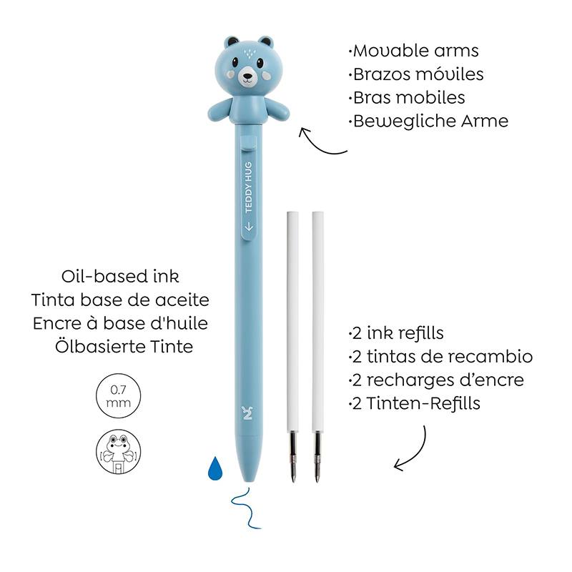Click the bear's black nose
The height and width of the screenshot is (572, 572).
(x=247, y=77)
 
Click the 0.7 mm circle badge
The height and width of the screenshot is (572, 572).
(x=118, y=396)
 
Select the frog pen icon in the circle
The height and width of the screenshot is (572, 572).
(x=118, y=452)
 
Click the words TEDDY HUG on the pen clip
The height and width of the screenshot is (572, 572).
(x=248, y=187)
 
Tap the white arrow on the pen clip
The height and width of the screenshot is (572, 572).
(x=249, y=226)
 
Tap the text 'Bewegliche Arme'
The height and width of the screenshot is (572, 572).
(x=428, y=121)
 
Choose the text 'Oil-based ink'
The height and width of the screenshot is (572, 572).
(x=120, y=276)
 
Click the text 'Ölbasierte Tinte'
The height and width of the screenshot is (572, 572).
(x=124, y=346)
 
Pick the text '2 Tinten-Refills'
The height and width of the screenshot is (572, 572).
(x=415, y=403)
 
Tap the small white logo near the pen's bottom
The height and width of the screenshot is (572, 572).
(x=247, y=413)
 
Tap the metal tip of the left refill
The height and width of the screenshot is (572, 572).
(x=293, y=457)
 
